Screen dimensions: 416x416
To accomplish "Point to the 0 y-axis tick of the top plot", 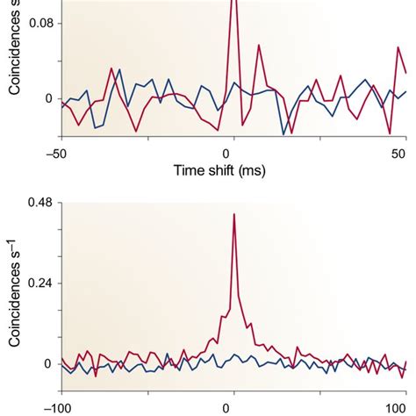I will [x=48, y=98].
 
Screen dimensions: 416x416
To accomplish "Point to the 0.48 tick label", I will [x=38, y=203].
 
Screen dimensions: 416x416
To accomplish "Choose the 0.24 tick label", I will [x=38, y=283].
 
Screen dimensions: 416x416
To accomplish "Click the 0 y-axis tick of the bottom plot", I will [x=48, y=364].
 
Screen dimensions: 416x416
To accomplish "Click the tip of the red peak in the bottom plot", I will [x=233, y=214].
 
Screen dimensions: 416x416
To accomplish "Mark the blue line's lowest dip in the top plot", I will [x=283, y=133].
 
